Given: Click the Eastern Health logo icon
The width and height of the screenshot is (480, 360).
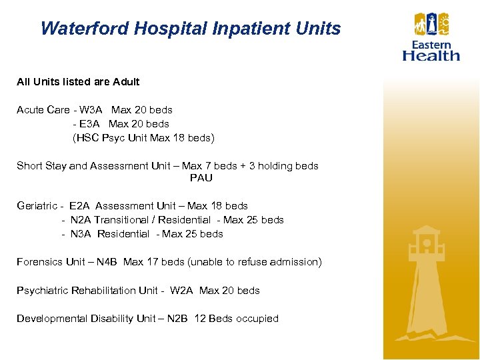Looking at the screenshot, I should (x=431, y=26).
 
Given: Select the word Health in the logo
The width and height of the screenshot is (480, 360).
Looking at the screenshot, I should (x=431, y=55).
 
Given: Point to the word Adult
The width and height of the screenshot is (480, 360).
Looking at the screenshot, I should (x=126, y=82).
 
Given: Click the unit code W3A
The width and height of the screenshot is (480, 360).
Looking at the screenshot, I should (x=91, y=110).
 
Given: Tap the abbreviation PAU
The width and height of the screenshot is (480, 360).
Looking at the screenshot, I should (x=201, y=178).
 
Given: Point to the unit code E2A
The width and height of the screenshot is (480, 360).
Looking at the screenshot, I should (x=81, y=206).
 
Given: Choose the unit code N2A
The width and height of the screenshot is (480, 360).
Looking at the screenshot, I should (x=81, y=220).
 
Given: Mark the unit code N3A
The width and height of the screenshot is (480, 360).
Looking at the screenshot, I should (x=83, y=234).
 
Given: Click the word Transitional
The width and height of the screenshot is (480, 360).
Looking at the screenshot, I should (x=124, y=220).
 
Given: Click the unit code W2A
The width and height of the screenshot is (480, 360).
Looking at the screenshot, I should (x=181, y=291).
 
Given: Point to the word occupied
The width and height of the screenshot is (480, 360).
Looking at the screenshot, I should (x=257, y=319).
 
